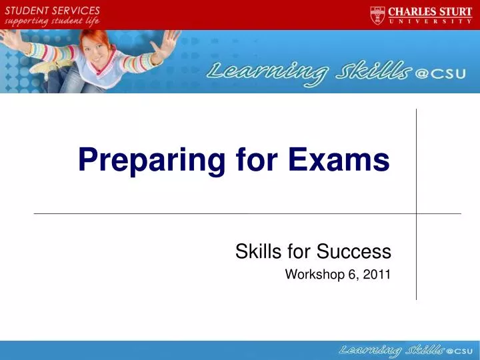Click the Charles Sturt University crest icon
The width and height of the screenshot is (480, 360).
point(377,15)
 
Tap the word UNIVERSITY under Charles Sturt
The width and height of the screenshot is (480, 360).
point(431,21)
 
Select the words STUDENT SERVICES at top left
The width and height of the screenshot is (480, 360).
point(53,11)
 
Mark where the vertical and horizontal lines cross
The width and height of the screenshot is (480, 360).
point(417,213)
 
